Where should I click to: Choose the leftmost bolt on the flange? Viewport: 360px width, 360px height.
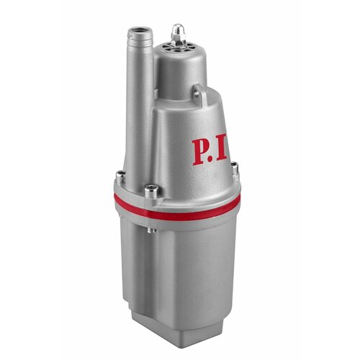120,175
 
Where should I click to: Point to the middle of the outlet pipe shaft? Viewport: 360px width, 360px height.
138,108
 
